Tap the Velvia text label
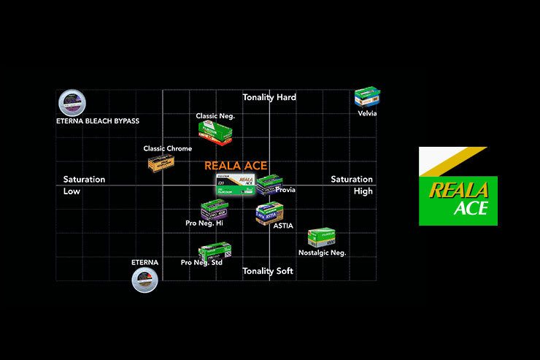(367, 113)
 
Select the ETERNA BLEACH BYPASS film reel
(71, 102)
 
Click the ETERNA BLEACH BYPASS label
(98, 120)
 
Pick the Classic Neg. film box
(215, 131)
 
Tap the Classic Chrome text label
(168, 149)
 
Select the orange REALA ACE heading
(236, 166)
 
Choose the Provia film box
(269, 185)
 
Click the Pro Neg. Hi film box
(214, 210)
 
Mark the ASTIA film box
(269, 212)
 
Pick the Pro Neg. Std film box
(215, 250)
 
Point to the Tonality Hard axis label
(269, 97)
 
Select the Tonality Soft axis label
(268, 271)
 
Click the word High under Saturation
(363, 191)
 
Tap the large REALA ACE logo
(458, 186)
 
